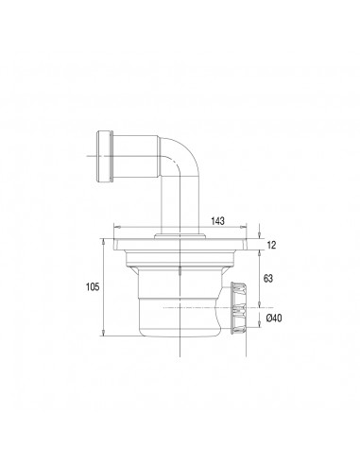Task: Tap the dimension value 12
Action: point(270,245)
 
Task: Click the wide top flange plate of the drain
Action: point(179,245)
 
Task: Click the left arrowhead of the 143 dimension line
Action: point(115,227)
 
